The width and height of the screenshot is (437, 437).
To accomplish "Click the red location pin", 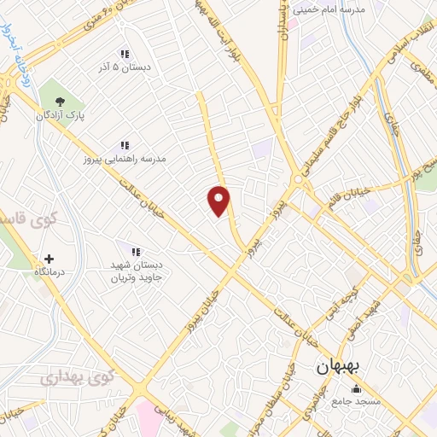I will point(219,201).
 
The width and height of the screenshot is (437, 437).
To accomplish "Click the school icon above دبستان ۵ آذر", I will point(125,54).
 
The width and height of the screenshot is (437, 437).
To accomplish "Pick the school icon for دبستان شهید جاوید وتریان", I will point(134,250).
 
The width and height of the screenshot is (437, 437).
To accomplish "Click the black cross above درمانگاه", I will point(49,259).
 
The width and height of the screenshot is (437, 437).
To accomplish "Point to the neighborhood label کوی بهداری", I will point(75,376).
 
